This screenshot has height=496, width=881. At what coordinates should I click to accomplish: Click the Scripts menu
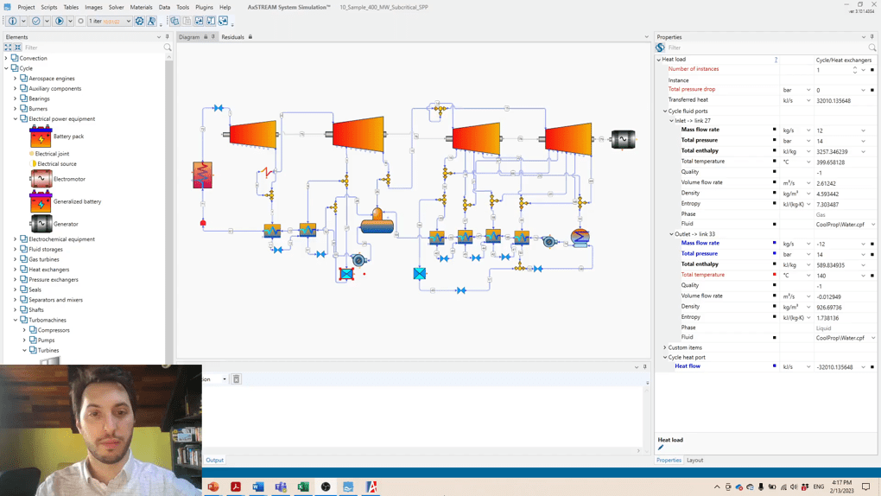48,7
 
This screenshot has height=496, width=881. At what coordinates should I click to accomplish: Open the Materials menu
141,7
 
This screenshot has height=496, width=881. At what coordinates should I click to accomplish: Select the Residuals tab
232,37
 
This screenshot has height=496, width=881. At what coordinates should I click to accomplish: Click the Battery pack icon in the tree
41,137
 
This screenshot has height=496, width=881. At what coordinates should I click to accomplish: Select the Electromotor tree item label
69,179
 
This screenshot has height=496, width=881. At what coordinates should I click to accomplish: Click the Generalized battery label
77,201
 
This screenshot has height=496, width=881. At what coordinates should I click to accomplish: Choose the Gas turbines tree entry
44,259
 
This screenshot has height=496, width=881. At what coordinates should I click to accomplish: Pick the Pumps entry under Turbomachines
46,340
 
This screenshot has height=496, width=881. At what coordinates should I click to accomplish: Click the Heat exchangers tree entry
49,270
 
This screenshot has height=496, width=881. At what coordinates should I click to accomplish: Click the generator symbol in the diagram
623,139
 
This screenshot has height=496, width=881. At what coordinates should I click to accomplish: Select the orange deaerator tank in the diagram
377,223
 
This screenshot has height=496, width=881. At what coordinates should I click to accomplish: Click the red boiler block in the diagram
202,175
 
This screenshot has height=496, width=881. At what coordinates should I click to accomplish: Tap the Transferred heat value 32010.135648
833,100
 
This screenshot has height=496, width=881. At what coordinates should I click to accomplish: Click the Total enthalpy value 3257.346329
833,151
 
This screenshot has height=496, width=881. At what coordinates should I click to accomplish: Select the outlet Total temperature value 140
821,276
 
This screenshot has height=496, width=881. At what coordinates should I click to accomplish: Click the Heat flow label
688,366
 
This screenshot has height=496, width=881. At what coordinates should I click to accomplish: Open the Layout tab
694,461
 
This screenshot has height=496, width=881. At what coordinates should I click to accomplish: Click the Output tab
214,461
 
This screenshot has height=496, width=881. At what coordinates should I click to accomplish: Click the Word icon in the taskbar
258,487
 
